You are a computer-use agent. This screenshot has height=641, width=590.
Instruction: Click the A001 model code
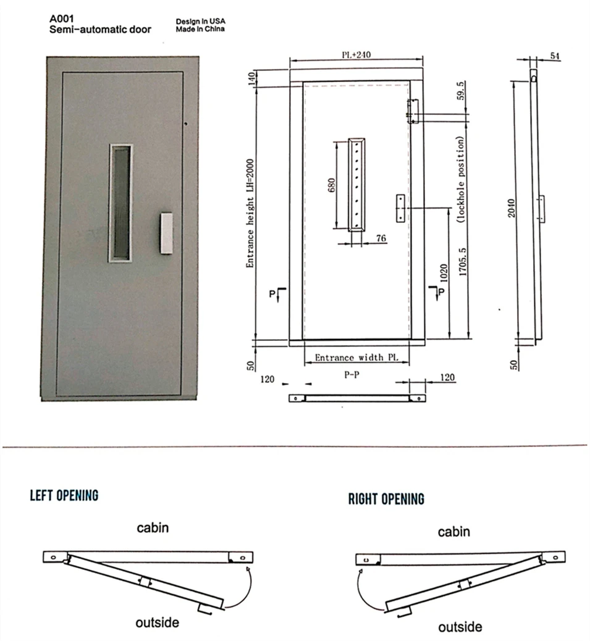coord(62,19)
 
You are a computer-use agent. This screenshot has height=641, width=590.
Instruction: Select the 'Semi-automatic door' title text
coord(100,30)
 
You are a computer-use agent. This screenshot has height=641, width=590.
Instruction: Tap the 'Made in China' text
coord(201,29)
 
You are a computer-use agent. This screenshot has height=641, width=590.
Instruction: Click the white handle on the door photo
coord(165,233)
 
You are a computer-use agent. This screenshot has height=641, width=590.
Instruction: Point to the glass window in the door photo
coord(121,203)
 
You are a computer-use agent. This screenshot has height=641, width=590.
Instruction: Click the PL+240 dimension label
coord(356,54)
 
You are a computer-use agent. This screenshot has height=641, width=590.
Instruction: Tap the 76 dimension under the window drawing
coord(381,238)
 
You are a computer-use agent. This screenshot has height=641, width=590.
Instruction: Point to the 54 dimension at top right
coord(554,56)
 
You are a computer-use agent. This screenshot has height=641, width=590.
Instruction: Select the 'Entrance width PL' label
coord(356,358)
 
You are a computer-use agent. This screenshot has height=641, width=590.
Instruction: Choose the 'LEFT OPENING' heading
coord(64,495)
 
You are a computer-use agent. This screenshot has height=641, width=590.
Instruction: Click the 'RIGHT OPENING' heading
coord(386,499)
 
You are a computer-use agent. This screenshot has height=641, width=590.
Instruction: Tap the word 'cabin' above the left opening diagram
coord(153,528)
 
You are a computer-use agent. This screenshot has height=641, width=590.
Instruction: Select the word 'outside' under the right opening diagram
coord(460,627)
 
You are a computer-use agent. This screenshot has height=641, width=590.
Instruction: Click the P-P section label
coord(352,374)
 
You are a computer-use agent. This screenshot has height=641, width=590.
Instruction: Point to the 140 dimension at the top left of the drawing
coord(251,79)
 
